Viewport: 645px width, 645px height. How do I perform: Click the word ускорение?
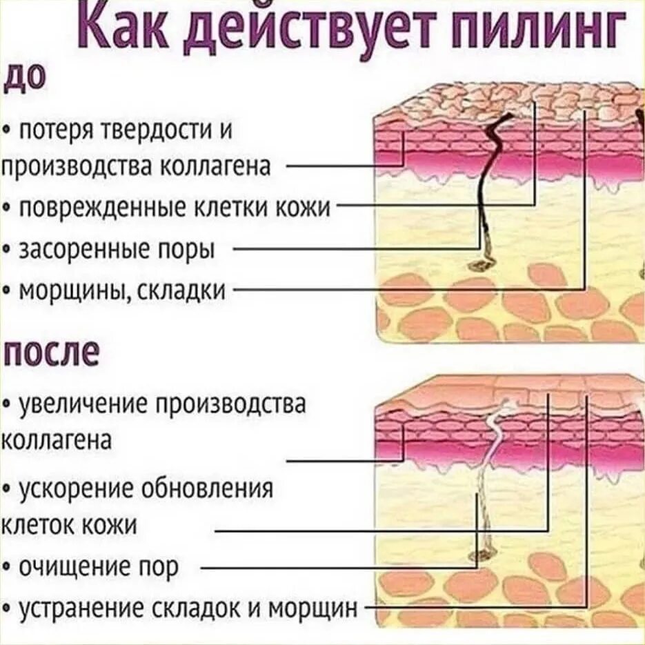pyautogui.click(x=79, y=489)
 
